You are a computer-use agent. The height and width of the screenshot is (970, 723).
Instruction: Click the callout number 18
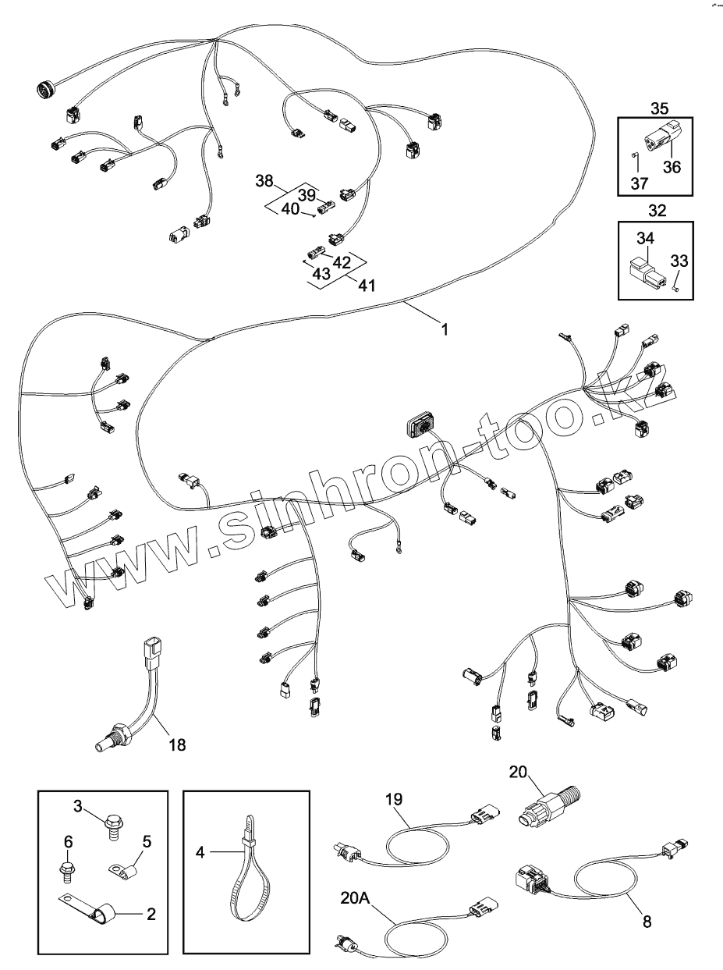click(x=177, y=744)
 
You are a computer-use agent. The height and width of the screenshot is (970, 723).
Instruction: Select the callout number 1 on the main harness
click(x=445, y=329)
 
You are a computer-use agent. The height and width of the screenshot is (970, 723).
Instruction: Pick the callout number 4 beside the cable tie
click(x=200, y=853)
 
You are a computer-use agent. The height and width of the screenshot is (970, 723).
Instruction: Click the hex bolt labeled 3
click(x=115, y=821)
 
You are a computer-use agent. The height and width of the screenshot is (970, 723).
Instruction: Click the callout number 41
click(x=366, y=286)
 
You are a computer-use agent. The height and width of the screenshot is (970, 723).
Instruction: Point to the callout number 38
click(x=264, y=181)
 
